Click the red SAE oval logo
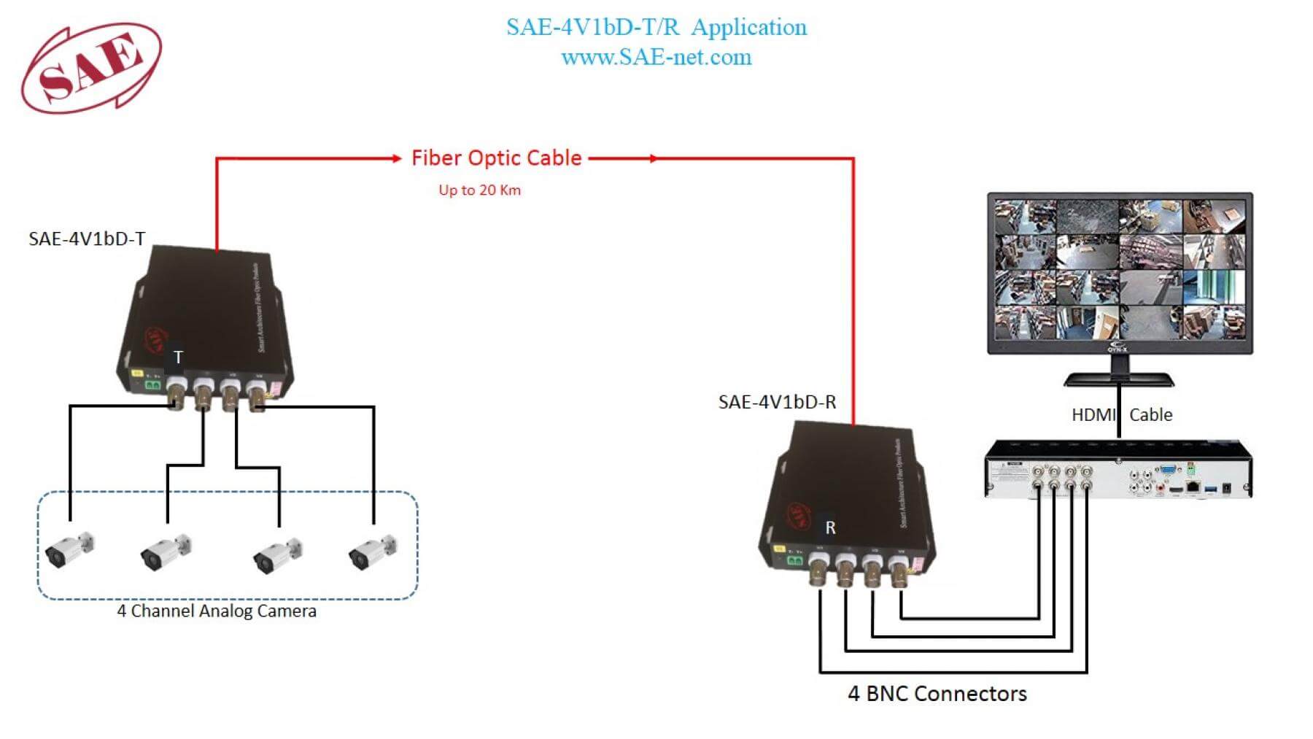coord(91,67)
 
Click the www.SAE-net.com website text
coord(656,58)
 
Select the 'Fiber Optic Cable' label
coord(496,158)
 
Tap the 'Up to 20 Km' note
coord(479,190)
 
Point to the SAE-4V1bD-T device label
coord(87,239)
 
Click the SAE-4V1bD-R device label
coord(777,402)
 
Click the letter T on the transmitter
coord(178,357)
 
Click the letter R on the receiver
coord(830,527)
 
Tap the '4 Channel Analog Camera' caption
coord(217,611)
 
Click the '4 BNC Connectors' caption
coord(937,694)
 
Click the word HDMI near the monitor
coord(1093,415)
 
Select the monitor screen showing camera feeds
coord(1120,271)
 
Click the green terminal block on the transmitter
coord(153,384)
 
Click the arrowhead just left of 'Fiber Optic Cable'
coord(396,158)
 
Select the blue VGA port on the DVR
coord(1167,471)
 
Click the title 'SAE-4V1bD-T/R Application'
coord(656,28)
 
